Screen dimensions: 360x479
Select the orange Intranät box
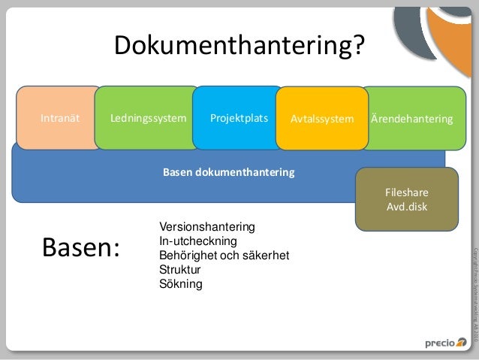[x=59, y=119]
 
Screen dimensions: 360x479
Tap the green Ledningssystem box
[x=148, y=118]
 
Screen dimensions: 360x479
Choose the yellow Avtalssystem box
[x=321, y=119]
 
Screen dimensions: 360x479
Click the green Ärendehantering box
[x=413, y=119]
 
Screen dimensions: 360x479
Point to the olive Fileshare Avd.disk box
[x=406, y=199]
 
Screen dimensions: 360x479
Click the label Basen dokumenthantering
[x=229, y=173]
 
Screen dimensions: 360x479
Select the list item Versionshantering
[x=207, y=227]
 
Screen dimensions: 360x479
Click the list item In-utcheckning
[x=197, y=241]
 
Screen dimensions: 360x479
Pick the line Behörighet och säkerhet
[x=224, y=256]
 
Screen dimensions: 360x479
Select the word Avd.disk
[x=406, y=207]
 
